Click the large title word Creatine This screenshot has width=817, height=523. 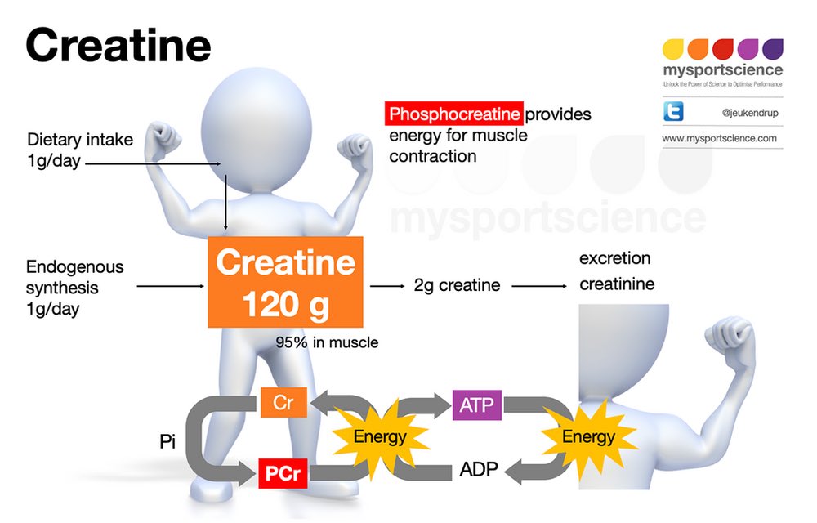pyautogui.click(x=118, y=46)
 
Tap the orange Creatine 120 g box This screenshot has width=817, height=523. pyautogui.click(x=285, y=282)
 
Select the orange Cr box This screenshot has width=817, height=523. pyautogui.click(x=283, y=403)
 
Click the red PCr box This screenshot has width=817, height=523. pyautogui.click(x=283, y=473)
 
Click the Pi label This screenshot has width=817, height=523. pyautogui.click(x=167, y=441)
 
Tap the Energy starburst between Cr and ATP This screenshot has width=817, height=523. pyautogui.click(x=380, y=436)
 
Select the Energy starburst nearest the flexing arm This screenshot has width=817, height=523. pyautogui.click(x=588, y=436)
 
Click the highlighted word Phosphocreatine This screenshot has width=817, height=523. pyautogui.click(x=454, y=114)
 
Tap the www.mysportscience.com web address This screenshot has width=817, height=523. pyautogui.click(x=719, y=138)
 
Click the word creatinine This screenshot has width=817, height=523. pyautogui.click(x=617, y=284)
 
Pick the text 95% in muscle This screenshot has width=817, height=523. pyautogui.click(x=327, y=342)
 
